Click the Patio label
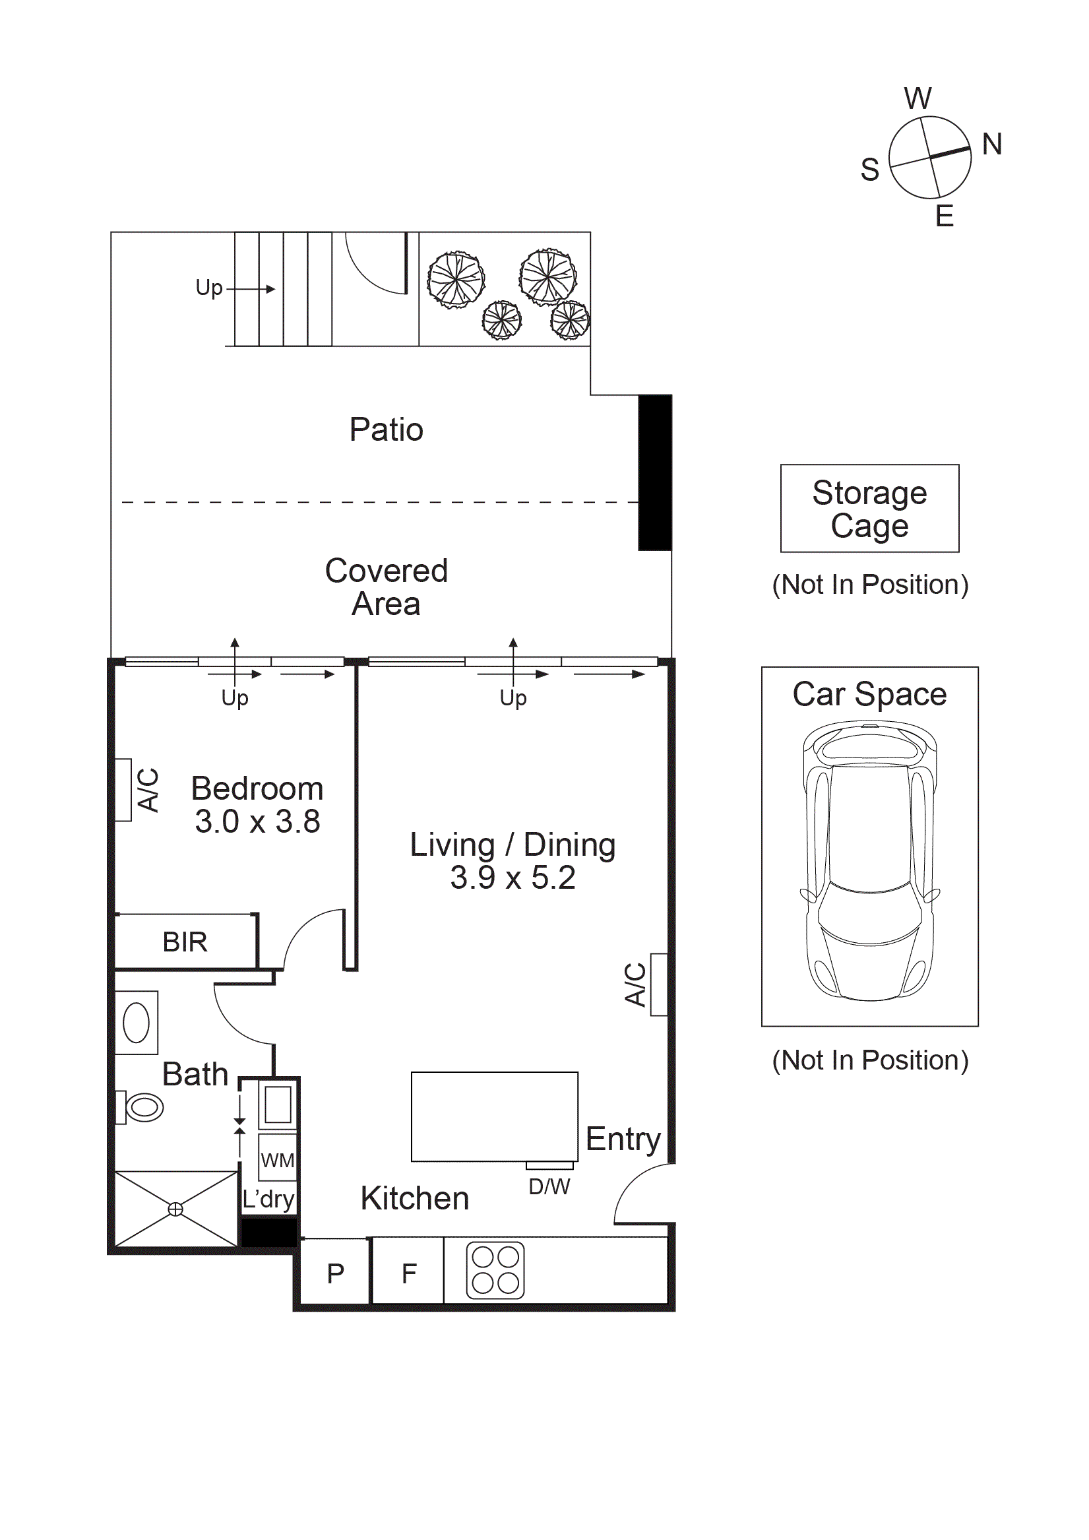pyautogui.click(x=387, y=430)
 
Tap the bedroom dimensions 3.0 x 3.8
pyautogui.click(x=257, y=821)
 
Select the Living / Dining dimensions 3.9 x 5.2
pyautogui.click(x=513, y=878)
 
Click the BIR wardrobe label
pyautogui.click(x=185, y=942)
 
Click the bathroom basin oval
pyautogui.click(x=136, y=1023)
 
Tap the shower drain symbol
pyautogui.click(x=175, y=1209)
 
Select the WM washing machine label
pyautogui.click(x=277, y=1161)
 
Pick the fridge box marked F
pyautogui.click(x=408, y=1273)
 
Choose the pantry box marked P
pyautogui.click(x=335, y=1273)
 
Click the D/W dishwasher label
pyautogui.click(x=549, y=1187)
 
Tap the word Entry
pyautogui.click(x=623, y=1139)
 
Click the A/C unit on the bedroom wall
pyautogui.click(x=123, y=789)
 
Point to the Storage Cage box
pyautogui.click(x=870, y=509)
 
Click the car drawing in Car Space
pyautogui.click(x=870, y=860)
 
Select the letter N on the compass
pyautogui.click(x=992, y=144)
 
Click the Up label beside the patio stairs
pyautogui.click(x=208, y=288)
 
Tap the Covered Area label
pyautogui.click(x=387, y=587)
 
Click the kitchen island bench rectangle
pyautogui.click(x=494, y=1116)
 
